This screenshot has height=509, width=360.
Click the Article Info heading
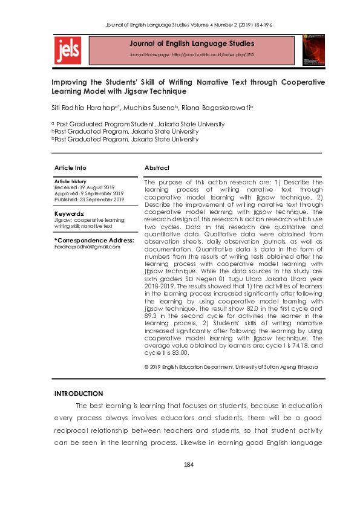(x=70, y=167)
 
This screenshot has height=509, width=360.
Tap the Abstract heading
(x=157, y=167)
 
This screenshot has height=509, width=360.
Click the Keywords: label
(x=69, y=214)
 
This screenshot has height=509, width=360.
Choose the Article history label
(x=70, y=181)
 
